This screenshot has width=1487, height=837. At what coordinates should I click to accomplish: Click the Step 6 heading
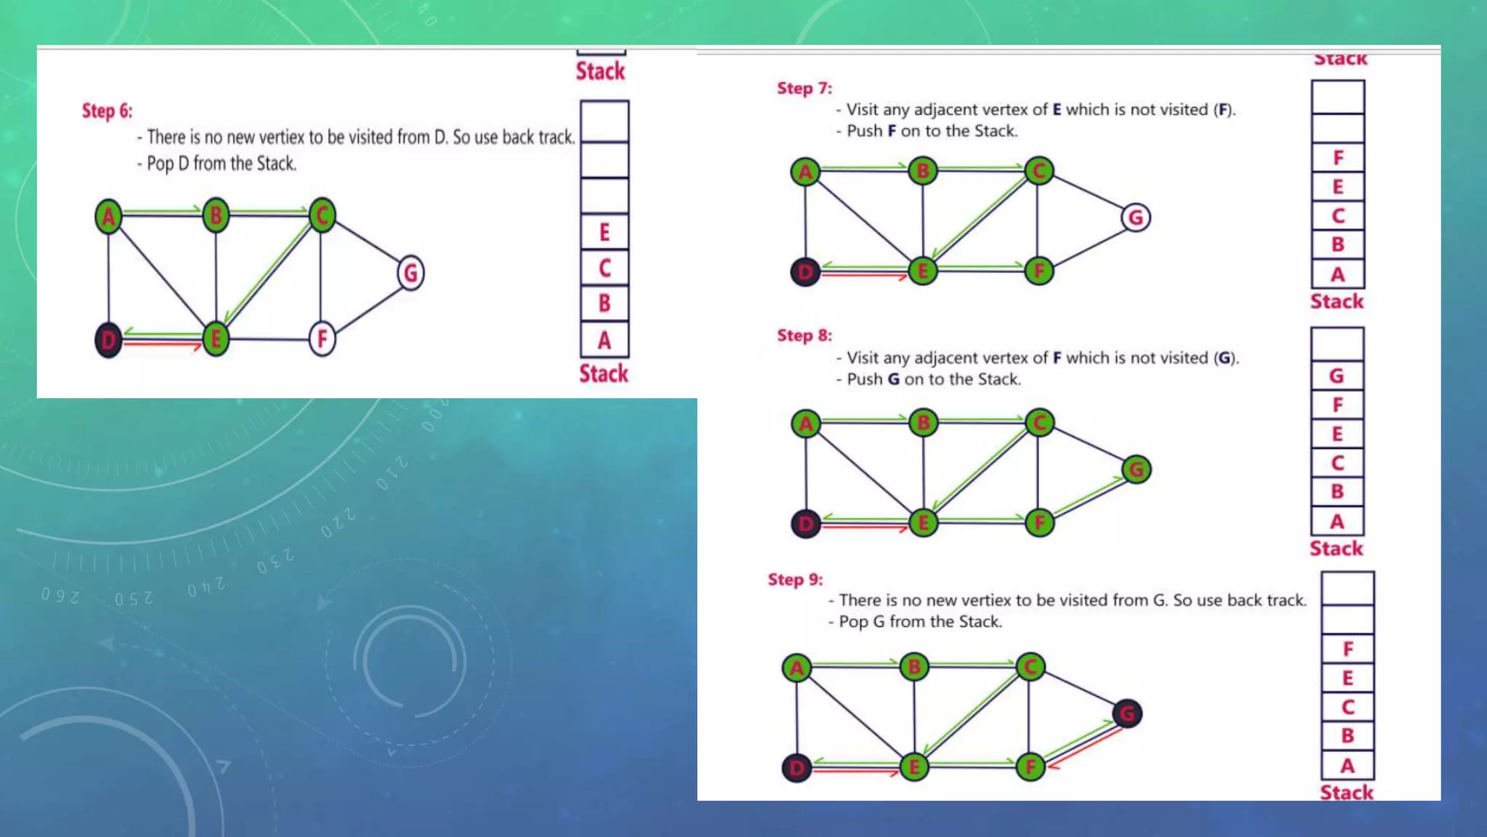(107, 111)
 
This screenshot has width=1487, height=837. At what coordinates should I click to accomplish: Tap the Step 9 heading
(795, 580)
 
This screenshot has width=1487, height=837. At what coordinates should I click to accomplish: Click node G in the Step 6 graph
(411, 273)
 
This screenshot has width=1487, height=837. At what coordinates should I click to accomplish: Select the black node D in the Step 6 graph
(108, 339)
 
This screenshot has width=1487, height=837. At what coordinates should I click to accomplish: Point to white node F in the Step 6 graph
(322, 339)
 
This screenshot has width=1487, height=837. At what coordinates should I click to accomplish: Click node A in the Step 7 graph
(805, 172)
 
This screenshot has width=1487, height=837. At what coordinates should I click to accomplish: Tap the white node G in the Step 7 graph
(1136, 217)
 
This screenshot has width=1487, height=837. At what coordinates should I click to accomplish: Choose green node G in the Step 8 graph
(1136, 469)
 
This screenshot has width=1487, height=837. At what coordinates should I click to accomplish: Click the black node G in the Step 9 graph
(1127, 713)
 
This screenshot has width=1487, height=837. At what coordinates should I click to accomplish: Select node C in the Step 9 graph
(1030, 667)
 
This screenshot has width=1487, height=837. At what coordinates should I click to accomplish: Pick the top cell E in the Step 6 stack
(604, 232)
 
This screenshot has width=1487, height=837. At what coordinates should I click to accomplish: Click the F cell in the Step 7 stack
(1337, 158)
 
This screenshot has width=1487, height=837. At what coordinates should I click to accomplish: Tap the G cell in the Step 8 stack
(1336, 376)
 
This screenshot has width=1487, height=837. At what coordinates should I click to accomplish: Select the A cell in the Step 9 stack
(1347, 766)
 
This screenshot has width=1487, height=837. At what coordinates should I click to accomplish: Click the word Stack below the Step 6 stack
(603, 373)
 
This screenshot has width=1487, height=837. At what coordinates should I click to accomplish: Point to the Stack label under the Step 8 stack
(1336, 549)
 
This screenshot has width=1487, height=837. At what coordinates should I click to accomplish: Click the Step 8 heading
(804, 336)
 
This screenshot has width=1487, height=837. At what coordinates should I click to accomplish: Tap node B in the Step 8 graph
(924, 423)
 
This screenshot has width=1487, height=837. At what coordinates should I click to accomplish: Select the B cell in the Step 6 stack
(604, 303)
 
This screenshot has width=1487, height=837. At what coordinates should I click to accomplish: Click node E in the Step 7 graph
(923, 272)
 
